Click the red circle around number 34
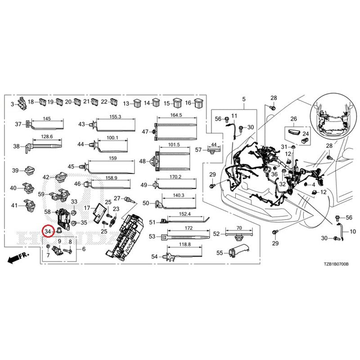click(x=47, y=231)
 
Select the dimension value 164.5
click(x=176, y=115)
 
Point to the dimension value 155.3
click(x=116, y=117)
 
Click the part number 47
click(x=145, y=132)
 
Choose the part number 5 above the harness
click(x=244, y=99)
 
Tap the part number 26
click(x=294, y=119)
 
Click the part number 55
click(x=220, y=253)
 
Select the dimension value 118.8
click(x=184, y=244)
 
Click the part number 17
click(x=87, y=208)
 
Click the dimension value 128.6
click(x=47, y=136)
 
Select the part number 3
click(x=13, y=104)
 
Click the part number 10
click(x=352, y=232)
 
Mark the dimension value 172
click(x=189, y=229)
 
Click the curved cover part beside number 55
click(x=238, y=252)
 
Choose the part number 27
click(x=117, y=198)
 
